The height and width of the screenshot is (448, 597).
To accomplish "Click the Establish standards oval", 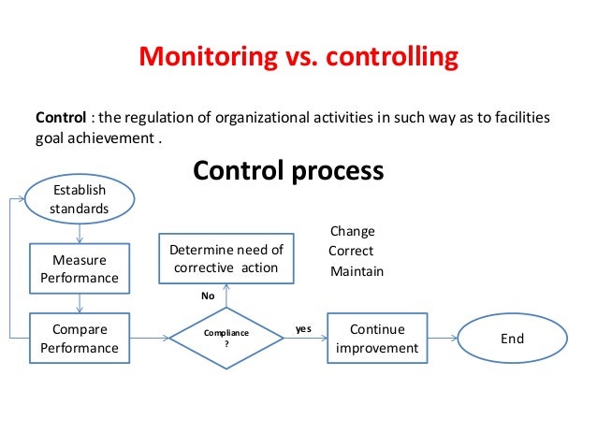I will tap(80, 199).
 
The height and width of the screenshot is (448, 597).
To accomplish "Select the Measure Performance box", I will tap(80, 268).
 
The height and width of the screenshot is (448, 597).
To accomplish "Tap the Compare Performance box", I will tap(80, 339).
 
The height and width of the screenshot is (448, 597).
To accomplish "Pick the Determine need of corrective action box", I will tap(225, 258).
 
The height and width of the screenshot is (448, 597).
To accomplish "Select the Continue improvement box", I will tap(376, 339).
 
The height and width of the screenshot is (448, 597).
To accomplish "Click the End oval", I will tap(511, 339).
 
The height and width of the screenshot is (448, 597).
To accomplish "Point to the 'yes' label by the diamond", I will tap(303, 329).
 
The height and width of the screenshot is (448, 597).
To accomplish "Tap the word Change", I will tap(353, 231).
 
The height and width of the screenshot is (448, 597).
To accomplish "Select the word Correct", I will tap(351, 251).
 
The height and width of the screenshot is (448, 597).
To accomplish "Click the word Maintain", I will tap(357, 271).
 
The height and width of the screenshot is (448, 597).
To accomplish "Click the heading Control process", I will tap(287, 171).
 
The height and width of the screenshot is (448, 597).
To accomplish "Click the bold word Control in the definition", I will tap(60, 119).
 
